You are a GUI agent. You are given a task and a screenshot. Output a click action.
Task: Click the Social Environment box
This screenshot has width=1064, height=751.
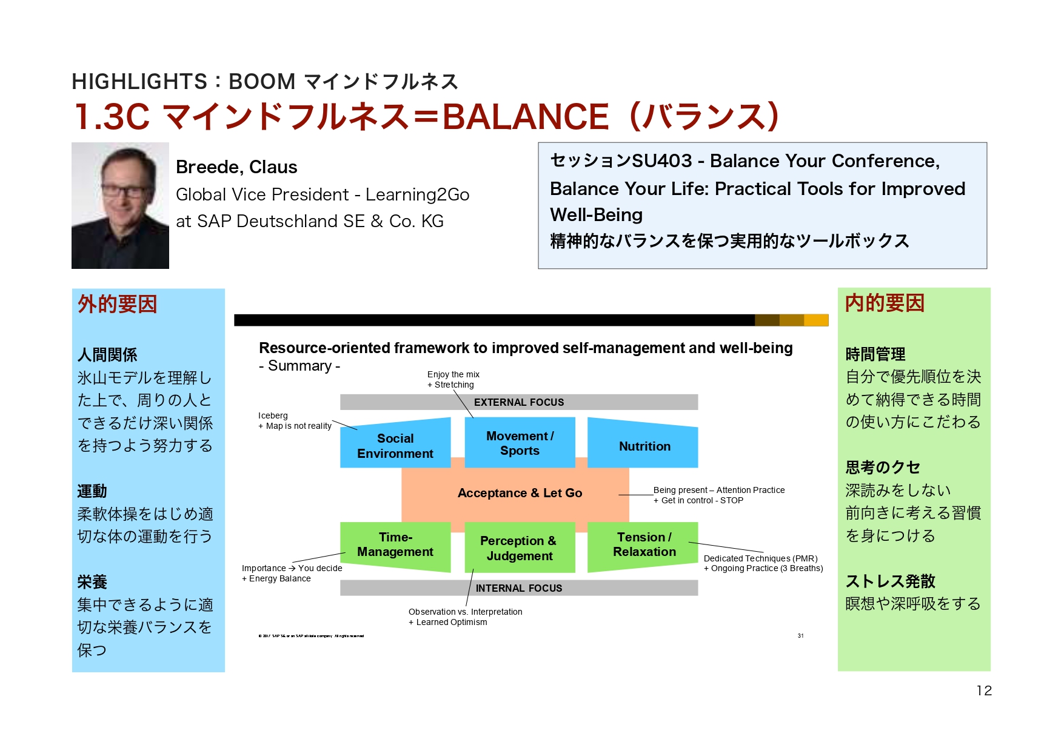click(x=395, y=445)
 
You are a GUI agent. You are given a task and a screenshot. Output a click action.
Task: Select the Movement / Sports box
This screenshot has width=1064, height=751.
click(x=520, y=443)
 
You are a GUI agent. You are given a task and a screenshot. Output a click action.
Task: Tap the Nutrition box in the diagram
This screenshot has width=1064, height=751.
click(x=644, y=446)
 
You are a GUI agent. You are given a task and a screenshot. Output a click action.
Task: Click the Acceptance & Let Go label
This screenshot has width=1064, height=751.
click(x=520, y=493)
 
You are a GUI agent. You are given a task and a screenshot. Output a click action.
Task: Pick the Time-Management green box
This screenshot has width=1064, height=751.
click(x=395, y=544)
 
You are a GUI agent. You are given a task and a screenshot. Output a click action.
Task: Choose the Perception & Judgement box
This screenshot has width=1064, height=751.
click(x=519, y=548)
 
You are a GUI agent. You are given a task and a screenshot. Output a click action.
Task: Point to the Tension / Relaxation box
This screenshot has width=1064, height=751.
click(x=644, y=544)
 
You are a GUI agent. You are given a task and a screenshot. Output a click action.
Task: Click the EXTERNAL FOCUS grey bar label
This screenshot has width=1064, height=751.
click(x=519, y=402)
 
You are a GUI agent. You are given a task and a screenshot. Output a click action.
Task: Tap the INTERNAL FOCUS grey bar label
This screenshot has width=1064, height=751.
click(x=519, y=588)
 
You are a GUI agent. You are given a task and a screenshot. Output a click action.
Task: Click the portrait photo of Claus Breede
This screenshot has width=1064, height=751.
click(x=120, y=205)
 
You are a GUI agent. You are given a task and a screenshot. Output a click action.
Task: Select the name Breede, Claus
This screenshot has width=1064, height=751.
click(x=236, y=167)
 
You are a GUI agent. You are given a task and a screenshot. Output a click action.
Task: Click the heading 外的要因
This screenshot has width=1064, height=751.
click(x=118, y=304)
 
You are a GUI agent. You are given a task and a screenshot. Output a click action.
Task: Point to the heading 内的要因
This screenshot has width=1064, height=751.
click(x=885, y=303)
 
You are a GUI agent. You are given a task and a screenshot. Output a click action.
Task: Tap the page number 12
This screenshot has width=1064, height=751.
click(x=984, y=690)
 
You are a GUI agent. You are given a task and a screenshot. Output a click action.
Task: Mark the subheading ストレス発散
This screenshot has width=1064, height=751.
click(x=890, y=581)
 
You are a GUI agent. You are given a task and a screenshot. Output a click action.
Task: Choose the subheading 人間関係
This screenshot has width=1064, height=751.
click(x=107, y=355)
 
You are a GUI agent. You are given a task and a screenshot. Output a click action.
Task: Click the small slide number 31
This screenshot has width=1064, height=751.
click(x=800, y=636)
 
